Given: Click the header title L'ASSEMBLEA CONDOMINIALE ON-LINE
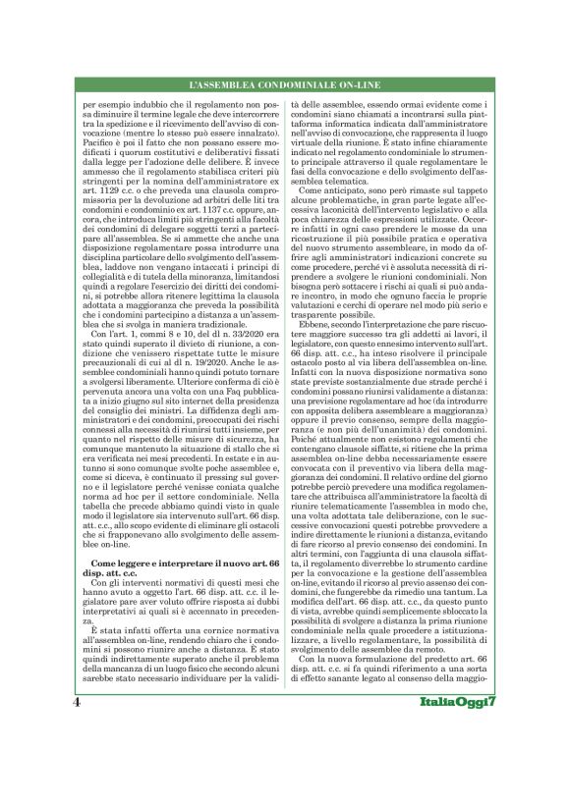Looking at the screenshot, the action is (x=285, y=88).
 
